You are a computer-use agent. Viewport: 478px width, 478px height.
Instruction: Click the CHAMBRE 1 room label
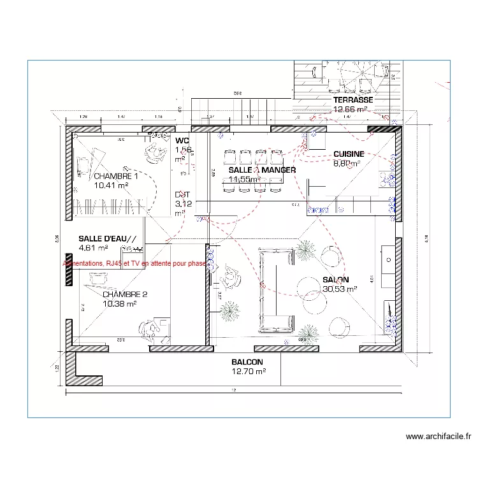point(115,176)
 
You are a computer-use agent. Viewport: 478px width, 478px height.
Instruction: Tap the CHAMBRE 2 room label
point(125,294)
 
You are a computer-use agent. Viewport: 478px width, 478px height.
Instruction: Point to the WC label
point(182,140)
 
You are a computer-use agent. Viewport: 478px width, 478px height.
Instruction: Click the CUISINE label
point(349,154)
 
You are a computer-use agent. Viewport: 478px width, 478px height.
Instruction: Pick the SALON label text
point(335,280)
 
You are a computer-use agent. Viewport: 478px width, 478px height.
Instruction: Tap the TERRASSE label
point(352,101)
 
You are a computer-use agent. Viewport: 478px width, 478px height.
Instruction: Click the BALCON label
point(247,361)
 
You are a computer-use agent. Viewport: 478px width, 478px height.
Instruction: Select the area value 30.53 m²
point(340,289)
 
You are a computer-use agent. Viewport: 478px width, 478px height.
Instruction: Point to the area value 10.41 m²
point(111,185)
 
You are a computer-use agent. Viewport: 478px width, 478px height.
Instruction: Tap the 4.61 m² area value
point(93,248)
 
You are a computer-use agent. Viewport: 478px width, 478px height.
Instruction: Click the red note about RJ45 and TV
point(134,263)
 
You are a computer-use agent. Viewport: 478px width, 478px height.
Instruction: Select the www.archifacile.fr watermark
point(438,437)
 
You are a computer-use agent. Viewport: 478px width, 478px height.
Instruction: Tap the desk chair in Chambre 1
point(154,150)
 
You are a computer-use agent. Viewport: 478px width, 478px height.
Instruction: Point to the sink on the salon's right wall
point(387,260)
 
